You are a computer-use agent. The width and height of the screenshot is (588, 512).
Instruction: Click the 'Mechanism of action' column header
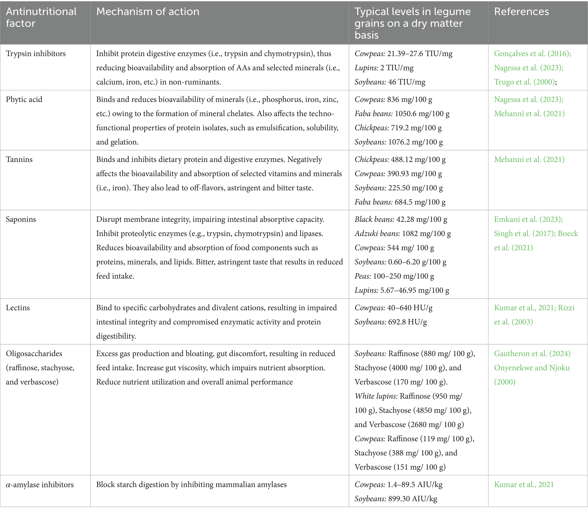click(x=148, y=12)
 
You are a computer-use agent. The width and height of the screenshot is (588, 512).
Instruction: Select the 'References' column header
click(x=521, y=12)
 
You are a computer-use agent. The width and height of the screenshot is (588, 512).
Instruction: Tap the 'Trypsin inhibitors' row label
click(x=36, y=53)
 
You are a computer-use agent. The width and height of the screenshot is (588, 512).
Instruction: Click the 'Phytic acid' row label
click(x=24, y=99)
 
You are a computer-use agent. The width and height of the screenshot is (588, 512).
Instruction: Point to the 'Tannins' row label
click(x=19, y=160)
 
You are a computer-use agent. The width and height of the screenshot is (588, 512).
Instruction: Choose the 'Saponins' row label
click(x=21, y=219)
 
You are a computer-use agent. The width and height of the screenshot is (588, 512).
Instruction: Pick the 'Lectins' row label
click(x=18, y=308)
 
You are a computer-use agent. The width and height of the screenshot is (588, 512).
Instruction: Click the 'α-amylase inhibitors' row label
click(x=40, y=485)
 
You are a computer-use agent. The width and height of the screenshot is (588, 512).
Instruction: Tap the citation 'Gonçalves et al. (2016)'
click(x=533, y=53)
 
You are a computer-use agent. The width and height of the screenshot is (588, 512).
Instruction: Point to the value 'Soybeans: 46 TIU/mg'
click(x=390, y=82)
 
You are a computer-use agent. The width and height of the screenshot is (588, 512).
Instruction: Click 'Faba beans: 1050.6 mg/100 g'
click(x=402, y=114)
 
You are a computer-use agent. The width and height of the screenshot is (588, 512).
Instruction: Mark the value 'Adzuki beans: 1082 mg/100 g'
click(x=403, y=234)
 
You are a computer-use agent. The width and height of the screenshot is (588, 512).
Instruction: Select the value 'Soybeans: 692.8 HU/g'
click(x=390, y=322)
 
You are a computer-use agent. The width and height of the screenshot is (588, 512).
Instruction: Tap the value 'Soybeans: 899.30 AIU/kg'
click(x=396, y=499)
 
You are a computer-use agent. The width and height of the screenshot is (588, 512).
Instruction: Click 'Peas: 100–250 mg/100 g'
click(x=394, y=276)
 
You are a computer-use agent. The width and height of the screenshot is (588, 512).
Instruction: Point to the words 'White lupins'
click(x=375, y=396)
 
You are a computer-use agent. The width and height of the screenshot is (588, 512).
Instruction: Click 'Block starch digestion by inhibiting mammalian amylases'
click(x=191, y=485)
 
